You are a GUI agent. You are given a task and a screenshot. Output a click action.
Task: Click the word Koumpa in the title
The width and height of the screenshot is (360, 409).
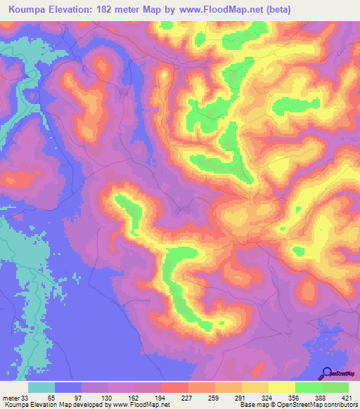[27, 10]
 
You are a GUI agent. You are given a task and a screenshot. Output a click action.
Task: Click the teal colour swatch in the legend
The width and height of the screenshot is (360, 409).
[41, 387]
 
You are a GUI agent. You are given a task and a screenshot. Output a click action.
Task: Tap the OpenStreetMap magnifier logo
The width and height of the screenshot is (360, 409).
[326, 373]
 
